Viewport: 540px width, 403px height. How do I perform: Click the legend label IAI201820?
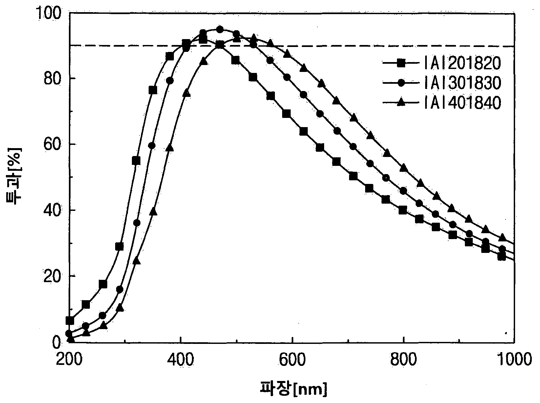(x=462, y=63)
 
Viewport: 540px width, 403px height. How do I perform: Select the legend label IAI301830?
(x=462, y=83)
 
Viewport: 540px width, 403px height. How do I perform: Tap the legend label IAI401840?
(x=462, y=102)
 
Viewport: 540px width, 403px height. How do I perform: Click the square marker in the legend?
(x=401, y=63)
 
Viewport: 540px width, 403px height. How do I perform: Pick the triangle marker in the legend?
(x=401, y=102)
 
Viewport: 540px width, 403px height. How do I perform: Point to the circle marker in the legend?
(x=401, y=83)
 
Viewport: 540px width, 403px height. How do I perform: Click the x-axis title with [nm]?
(x=294, y=389)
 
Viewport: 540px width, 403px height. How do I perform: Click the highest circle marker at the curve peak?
(x=220, y=30)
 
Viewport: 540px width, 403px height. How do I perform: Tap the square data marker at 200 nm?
(x=70, y=321)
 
